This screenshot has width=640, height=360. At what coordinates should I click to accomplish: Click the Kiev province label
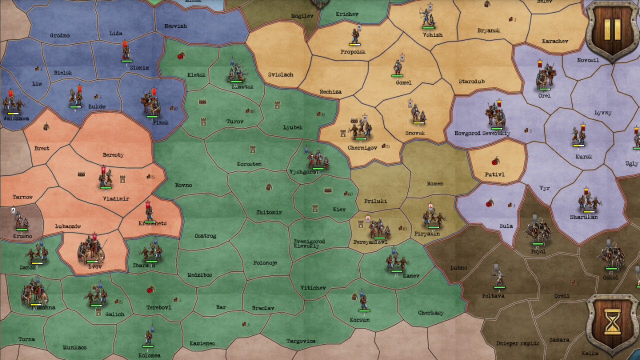tap(339, 209)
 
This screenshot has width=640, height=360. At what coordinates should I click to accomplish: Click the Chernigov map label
tap(362, 148)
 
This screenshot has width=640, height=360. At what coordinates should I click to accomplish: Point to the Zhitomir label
tap(269, 212)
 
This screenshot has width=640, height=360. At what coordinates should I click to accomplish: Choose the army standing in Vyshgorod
tap(317, 159)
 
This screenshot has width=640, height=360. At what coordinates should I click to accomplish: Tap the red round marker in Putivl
tap(495, 161)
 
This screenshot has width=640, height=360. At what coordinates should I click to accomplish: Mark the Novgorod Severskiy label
tap(482, 133)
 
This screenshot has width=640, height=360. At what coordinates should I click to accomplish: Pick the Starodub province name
tap(471, 81)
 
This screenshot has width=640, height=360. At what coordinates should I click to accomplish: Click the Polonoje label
tap(265, 263)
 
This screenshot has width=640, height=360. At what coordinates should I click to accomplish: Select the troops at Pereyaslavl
tap(379, 228)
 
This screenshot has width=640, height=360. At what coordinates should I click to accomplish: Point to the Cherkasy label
tap(430, 313)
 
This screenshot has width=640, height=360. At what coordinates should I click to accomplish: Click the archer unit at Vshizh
tap(427, 18)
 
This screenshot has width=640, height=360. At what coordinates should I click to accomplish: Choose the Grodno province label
tap(59, 35)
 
